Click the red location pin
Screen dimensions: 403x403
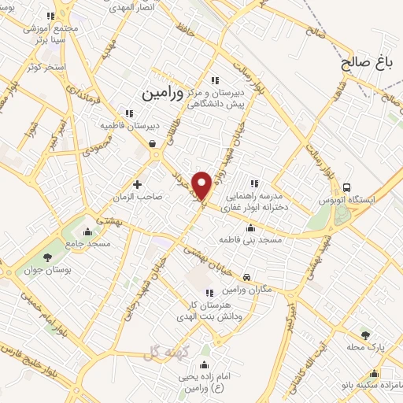[202, 184]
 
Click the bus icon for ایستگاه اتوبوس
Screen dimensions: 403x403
[347, 187]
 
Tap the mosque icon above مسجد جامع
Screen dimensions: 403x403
[87, 232]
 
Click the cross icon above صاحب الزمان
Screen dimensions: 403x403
[138, 184]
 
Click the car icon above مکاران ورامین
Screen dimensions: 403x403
[247, 277]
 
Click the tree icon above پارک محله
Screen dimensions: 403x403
[364, 335]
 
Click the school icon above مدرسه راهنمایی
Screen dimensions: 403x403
[253, 183]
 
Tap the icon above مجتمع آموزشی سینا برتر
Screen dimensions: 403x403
[51, 16]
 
